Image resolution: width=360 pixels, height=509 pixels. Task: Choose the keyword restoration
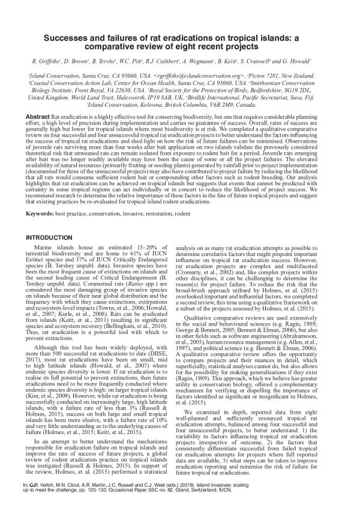[x=164, y=213]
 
